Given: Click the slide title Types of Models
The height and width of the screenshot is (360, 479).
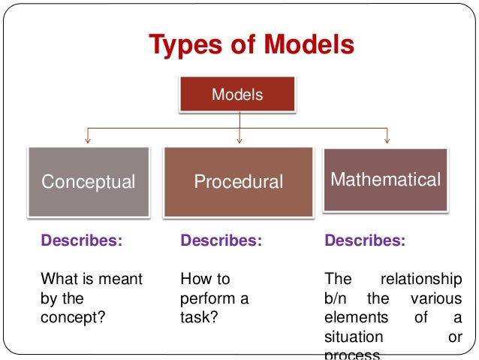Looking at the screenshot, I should [x=251, y=45].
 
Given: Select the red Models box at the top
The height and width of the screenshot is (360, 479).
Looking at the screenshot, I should [x=237, y=95].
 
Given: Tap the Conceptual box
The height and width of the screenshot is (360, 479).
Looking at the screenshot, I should [x=89, y=182].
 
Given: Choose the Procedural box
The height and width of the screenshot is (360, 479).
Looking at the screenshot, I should [x=238, y=182].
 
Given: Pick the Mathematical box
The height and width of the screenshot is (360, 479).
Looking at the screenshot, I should [x=386, y=180].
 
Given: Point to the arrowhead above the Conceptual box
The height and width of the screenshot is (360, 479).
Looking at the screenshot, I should [x=89, y=139].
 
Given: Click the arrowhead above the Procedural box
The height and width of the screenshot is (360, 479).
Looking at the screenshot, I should [x=239, y=139].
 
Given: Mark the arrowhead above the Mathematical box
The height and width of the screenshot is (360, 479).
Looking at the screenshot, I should [x=387, y=139].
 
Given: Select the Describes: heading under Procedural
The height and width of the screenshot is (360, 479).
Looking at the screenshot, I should [x=221, y=241].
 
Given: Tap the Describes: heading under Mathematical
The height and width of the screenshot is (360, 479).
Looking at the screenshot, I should [x=364, y=241].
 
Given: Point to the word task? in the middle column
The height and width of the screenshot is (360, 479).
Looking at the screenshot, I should [x=199, y=317].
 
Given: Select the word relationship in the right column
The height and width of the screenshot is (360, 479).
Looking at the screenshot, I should [x=421, y=280].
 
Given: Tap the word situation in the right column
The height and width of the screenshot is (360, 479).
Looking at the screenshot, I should [x=354, y=337].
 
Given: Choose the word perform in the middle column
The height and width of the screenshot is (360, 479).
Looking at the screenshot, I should [x=205, y=298].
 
